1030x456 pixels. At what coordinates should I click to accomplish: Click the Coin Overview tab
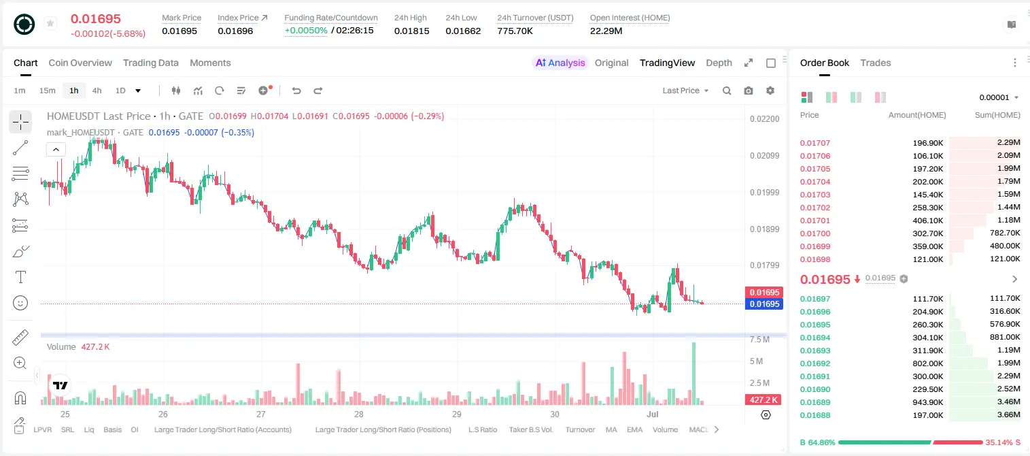[x=80, y=63]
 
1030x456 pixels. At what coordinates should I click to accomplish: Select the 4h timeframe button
[x=97, y=91]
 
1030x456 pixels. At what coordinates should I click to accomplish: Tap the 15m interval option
[x=48, y=91]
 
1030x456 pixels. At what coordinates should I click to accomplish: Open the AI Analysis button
[x=560, y=63]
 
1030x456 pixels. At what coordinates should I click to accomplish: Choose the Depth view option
[x=719, y=63]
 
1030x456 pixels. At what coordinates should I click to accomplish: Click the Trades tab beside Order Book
[x=876, y=63]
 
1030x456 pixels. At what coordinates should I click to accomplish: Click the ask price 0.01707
[x=814, y=143]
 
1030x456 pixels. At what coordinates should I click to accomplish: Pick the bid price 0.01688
[x=814, y=415]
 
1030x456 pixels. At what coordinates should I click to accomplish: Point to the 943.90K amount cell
[x=927, y=402]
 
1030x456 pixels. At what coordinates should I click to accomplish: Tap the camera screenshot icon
[x=749, y=91]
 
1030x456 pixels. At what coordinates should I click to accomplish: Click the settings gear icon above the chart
[x=770, y=91]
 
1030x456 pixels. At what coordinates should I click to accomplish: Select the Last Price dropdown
[x=685, y=91]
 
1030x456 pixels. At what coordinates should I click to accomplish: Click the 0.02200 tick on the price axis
[x=764, y=118]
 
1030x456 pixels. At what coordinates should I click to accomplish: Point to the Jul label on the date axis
[x=652, y=414]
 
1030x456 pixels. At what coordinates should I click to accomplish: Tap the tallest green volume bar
[x=694, y=374]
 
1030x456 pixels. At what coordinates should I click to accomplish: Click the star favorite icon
[x=50, y=23]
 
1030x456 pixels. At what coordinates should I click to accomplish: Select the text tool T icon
[x=20, y=277]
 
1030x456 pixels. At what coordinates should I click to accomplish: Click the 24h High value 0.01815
[x=411, y=31]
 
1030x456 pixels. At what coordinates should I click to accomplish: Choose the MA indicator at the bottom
[x=611, y=429]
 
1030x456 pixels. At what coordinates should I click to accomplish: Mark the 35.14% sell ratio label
[x=999, y=442]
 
